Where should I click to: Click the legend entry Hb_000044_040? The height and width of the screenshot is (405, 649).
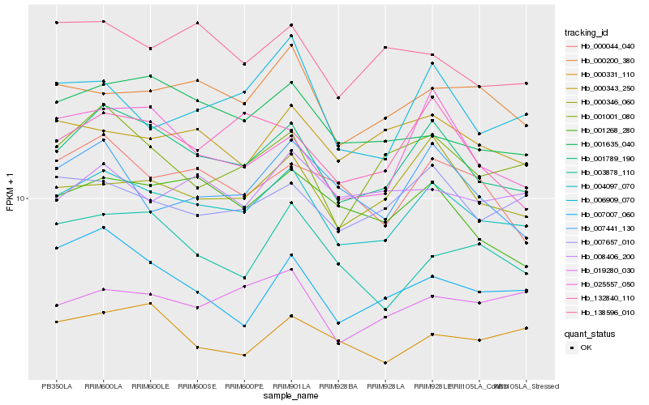click(x=607, y=46)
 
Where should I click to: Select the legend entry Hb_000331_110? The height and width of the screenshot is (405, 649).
click(x=607, y=75)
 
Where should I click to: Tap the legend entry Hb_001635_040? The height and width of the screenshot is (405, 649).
click(x=607, y=144)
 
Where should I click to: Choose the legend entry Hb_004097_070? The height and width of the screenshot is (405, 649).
click(x=607, y=186)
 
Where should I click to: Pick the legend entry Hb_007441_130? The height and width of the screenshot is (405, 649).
click(x=607, y=228)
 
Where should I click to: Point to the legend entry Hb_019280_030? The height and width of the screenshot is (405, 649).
click(x=607, y=271)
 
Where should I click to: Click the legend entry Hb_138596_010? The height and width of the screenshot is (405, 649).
click(x=607, y=313)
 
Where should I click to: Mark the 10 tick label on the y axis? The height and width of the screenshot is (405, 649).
click(x=20, y=198)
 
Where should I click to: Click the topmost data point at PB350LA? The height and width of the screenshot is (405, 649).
click(x=57, y=23)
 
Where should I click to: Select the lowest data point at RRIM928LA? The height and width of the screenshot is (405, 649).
click(x=385, y=363)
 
